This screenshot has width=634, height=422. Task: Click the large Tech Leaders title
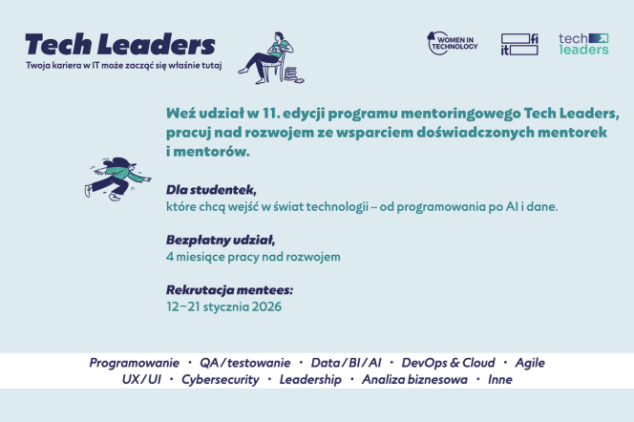120,44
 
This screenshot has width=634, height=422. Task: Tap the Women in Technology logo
453,43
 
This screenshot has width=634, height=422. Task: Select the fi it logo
519,44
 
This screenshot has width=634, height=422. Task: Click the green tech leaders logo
583,44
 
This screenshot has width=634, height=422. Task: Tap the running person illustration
117,179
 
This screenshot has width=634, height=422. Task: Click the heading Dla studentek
211,190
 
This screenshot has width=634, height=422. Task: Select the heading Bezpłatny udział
221,240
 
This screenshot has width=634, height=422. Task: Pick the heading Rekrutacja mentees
229,290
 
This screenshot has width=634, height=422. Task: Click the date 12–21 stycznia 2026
224,306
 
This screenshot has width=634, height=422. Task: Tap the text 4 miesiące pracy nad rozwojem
253,257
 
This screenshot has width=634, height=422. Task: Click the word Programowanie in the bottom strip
135,363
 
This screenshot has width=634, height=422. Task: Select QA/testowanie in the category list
245,363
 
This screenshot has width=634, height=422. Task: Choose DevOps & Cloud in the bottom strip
448,363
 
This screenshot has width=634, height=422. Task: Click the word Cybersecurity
221,380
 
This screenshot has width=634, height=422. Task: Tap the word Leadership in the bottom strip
310,380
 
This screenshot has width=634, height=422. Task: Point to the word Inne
500,380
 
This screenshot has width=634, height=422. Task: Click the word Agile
530,363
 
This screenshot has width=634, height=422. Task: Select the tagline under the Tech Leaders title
124,66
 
